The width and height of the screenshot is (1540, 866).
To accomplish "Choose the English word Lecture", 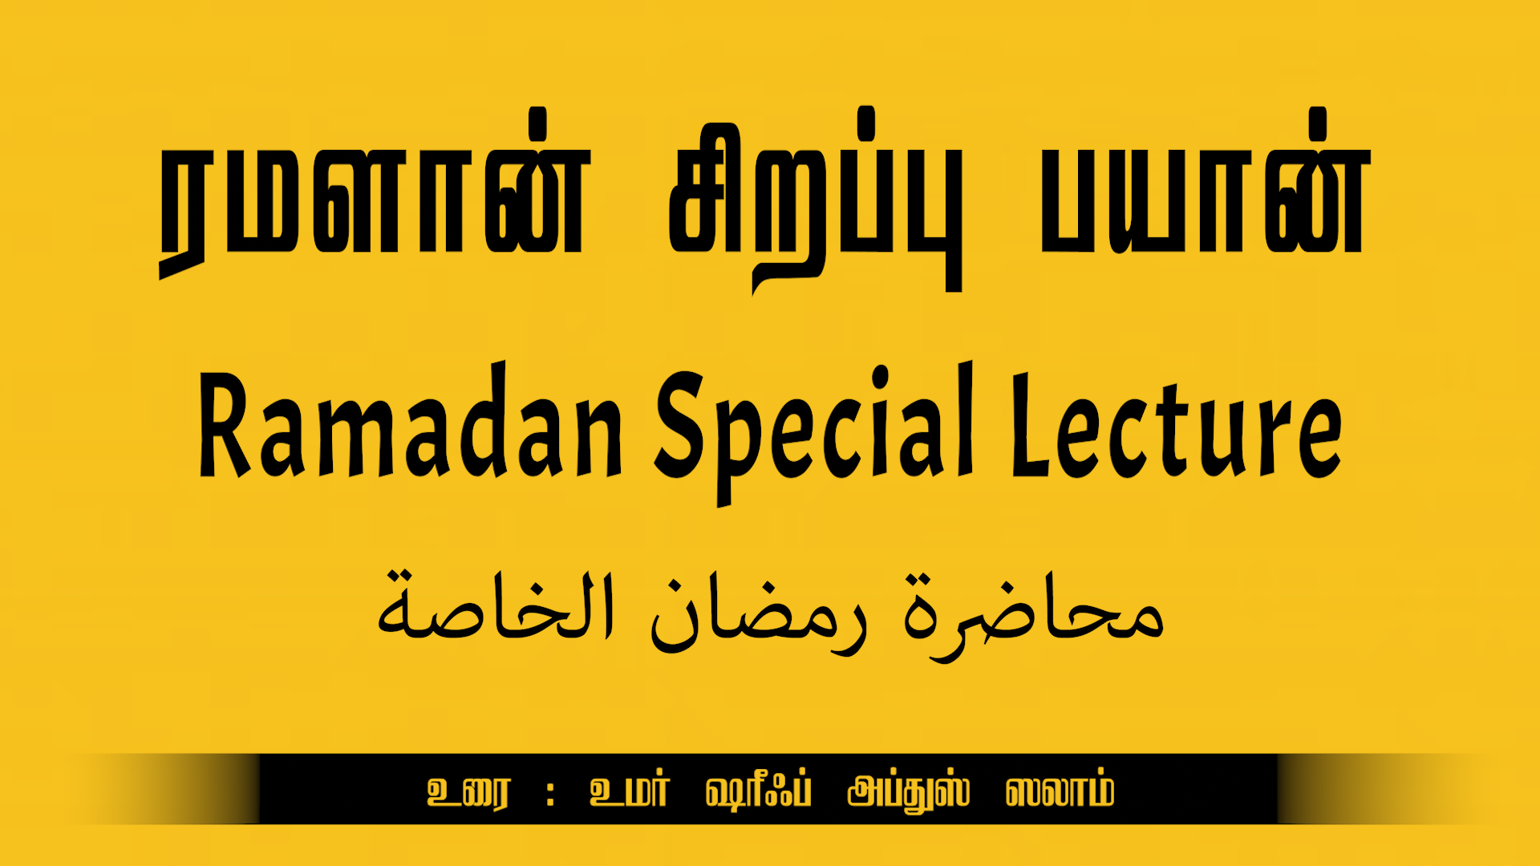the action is tap(1177, 425).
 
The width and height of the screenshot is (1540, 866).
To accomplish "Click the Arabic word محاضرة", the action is tap(1034, 617).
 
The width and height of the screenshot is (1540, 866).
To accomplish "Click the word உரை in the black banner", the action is tap(468, 792).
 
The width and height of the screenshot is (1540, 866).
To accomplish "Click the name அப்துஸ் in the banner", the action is tap(909, 792).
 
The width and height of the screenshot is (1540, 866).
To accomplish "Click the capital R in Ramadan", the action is tap(226, 425).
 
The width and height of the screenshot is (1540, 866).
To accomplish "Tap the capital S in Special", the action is tap(680, 425).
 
